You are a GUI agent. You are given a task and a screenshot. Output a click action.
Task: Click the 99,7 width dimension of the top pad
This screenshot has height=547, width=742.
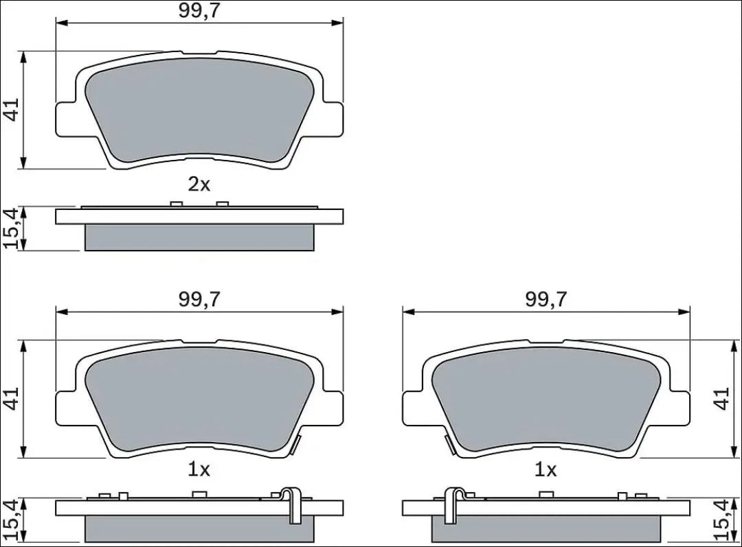tap(199, 11)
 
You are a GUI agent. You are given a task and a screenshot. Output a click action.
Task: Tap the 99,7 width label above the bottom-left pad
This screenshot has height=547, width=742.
tap(199, 299)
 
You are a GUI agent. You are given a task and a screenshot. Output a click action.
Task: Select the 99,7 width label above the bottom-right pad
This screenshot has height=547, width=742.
tap(546, 299)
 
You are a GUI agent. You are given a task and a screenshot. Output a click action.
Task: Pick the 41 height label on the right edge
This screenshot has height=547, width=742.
tap(722, 399)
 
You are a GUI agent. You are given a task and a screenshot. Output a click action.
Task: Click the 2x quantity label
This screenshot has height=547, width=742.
tap(199, 185)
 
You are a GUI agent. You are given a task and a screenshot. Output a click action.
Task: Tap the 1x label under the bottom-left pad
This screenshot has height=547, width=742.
tap(199, 469)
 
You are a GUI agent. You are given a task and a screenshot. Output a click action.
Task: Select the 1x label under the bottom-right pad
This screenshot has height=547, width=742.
tap(546, 469)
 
